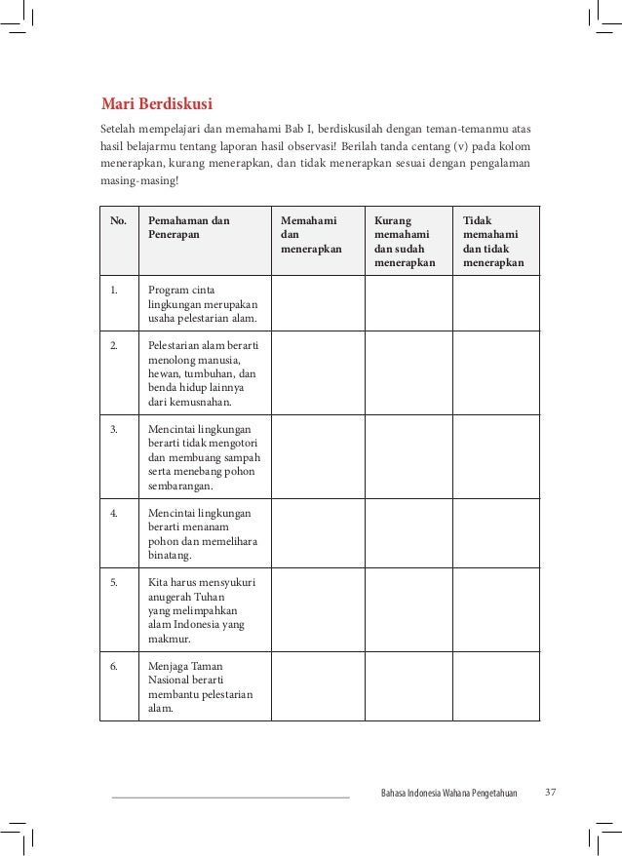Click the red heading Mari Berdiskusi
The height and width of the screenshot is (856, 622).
tap(158, 103)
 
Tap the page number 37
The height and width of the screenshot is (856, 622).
tap(551, 791)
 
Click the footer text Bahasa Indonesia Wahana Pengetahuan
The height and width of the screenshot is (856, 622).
tap(448, 792)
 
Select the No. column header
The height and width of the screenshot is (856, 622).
tap(119, 221)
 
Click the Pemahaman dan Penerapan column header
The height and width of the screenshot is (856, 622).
tap(189, 228)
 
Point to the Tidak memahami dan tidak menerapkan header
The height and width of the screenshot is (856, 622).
tap(493, 242)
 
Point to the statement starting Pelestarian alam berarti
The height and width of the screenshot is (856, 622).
tap(209, 373)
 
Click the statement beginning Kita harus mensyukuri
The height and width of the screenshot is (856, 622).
tap(201, 610)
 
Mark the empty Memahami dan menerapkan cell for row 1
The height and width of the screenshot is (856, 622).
tap(317, 304)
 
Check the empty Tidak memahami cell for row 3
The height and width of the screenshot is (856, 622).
tap(495, 457)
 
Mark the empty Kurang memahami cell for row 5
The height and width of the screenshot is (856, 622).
tap(408, 610)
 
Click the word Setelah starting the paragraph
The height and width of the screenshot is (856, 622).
tap(120, 129)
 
